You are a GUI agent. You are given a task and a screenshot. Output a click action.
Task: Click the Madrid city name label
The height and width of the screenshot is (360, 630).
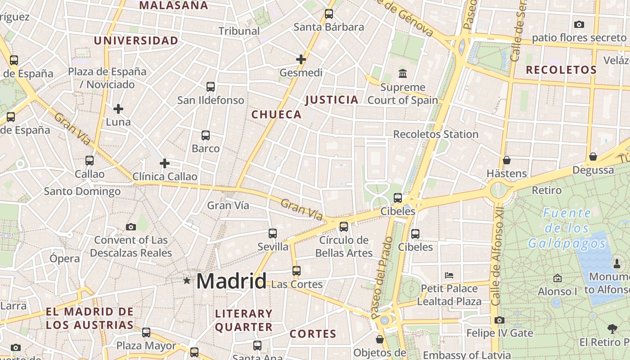coord(231,281)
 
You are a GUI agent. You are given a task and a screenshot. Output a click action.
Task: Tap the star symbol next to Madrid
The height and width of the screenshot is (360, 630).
coord(187,281)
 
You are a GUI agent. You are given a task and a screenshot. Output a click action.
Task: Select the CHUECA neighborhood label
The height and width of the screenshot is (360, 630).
coord(276,114)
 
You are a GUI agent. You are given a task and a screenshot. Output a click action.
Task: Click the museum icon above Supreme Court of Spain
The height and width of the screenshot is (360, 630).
coord(403,73)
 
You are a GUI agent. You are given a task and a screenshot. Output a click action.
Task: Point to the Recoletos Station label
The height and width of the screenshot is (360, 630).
coord(436,134)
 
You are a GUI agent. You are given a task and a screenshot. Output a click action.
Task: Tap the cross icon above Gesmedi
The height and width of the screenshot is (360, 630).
coord(301,59)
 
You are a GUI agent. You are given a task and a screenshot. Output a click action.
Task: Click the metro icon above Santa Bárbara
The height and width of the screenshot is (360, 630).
coord(329,14)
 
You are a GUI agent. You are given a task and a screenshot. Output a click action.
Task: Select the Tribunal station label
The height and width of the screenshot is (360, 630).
coord(239,31)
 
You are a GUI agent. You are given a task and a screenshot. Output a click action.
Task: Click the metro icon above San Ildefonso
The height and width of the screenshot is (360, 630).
coord(211,87)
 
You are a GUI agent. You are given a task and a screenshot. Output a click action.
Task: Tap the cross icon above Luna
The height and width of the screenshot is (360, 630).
coord(118,109)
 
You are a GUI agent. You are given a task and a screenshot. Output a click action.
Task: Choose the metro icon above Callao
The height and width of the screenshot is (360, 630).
coord(90,161)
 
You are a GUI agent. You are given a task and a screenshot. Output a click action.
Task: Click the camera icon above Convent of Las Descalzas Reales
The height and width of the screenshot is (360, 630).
coord(131,227)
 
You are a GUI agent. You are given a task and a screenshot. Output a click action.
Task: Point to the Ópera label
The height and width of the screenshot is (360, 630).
coord(64,259)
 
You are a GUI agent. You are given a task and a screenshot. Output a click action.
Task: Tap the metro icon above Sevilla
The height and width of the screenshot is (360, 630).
coord(273,234)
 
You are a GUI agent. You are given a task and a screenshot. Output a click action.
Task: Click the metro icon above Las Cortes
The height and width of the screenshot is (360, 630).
coord(297,271)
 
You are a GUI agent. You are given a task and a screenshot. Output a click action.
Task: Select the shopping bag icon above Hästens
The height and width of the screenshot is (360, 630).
coord(507,160)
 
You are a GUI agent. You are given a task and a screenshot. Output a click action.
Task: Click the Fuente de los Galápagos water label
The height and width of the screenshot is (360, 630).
coord(567,228)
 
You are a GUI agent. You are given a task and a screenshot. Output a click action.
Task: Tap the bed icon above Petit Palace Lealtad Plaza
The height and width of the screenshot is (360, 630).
coord(449,275)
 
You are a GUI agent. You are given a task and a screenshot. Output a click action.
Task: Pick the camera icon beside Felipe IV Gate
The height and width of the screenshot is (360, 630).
coord(499,320)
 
